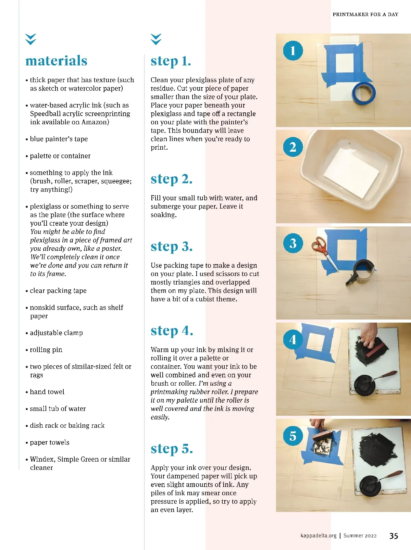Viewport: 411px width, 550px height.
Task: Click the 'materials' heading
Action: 57,61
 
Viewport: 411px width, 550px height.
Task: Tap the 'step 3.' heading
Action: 171,247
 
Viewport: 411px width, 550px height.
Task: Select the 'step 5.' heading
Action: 172,449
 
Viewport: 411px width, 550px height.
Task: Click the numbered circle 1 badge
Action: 293,51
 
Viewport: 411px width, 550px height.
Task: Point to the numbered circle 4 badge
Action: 293,340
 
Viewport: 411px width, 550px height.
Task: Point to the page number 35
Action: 394,536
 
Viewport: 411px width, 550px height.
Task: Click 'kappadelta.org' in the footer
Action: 318,536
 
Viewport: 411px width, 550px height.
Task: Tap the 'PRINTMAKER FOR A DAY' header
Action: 365,14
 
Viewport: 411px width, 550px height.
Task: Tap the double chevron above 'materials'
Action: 30,39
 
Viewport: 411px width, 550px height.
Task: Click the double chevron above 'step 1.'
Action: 156,39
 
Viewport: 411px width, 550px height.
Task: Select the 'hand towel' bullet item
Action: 45,392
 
